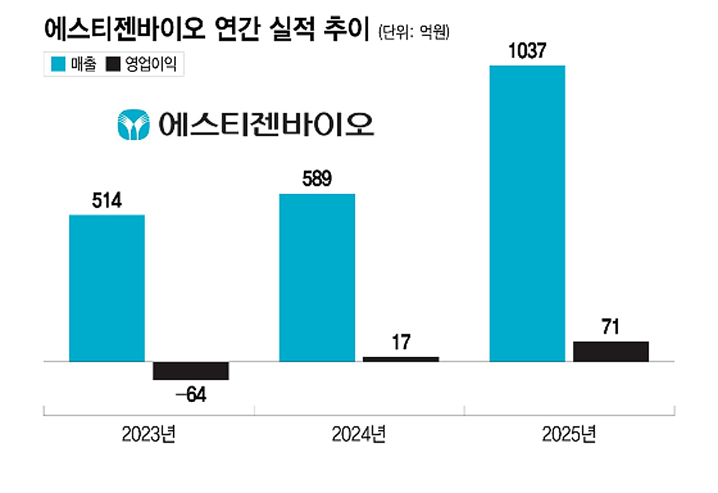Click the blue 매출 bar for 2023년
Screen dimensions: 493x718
point(107,288)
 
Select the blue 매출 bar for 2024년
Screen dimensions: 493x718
point(317,278)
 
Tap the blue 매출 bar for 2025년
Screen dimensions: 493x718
point(527,214)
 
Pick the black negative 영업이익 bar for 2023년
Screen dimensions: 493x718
point(190,371)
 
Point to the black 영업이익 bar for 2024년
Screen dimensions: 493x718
point(401,359)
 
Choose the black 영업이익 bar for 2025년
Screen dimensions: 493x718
point(611,352)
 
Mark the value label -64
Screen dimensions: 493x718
point(190,396)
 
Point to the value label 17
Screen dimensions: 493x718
point(401,343)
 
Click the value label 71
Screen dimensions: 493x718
point(611,328)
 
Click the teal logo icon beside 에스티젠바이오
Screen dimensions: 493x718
point(133,125)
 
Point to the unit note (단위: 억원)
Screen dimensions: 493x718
point(413,32)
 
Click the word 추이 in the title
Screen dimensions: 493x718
point(348,31)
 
